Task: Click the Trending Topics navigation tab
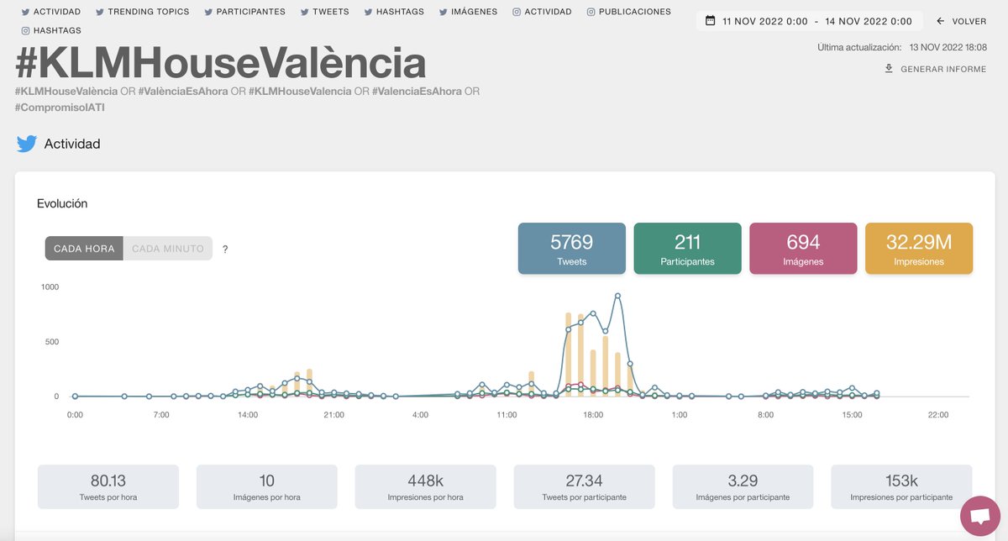tap(143, 12)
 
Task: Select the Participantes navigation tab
tap(244, 12)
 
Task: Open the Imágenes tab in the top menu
tap(468, 12)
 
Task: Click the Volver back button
tap(961, 21)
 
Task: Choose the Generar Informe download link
tap(935, 69)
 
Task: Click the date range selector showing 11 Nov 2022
tap(808, 21)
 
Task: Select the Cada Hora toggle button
tap(84, 249)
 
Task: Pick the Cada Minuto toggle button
tap(168, 249)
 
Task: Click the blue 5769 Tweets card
tap(571, 249)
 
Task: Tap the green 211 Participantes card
tap(687, 249)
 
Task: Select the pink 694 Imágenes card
tap(803, 249)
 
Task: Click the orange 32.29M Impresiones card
tap(918, 249)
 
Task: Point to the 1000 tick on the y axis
tap(50, 287)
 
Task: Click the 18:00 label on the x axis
tap(593, 415)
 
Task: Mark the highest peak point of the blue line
tap(617, 296)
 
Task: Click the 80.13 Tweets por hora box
tap(108, 486)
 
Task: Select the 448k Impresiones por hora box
tap(425, 486)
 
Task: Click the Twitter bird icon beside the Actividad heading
tap(27, 144)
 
